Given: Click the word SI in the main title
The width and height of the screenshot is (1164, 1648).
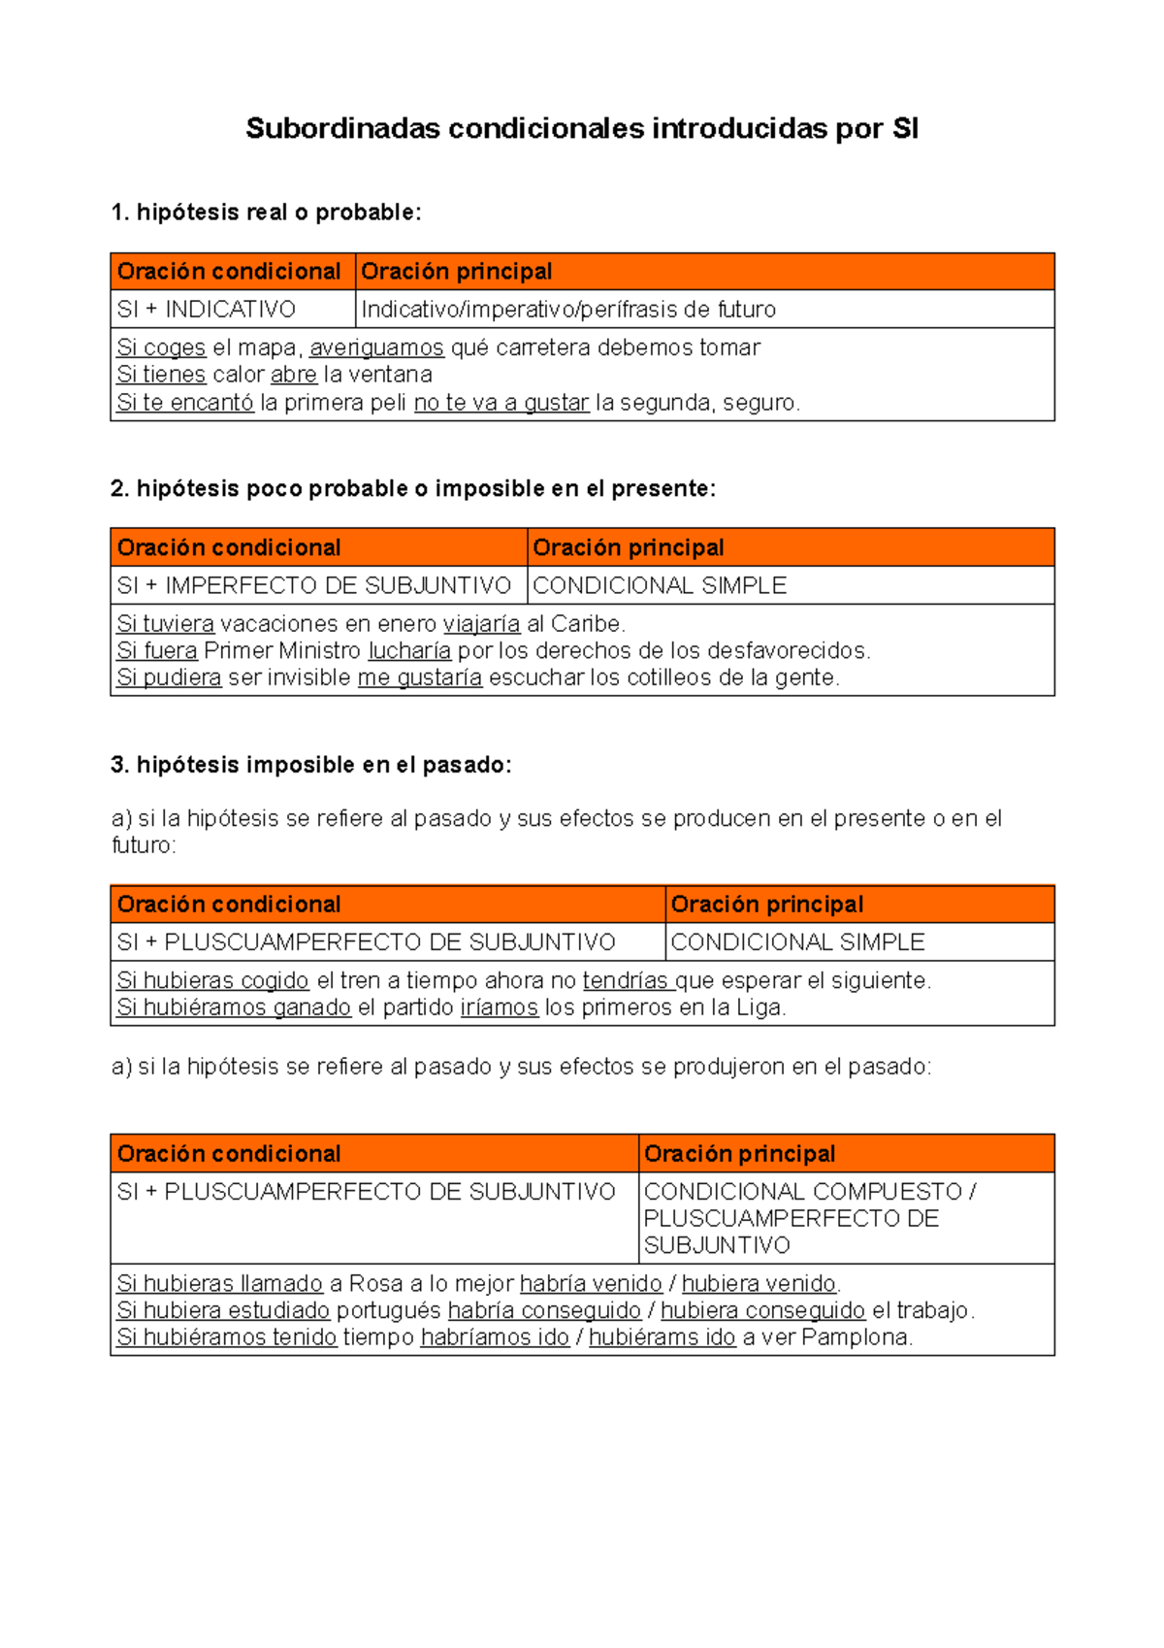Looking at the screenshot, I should tap(904, 128).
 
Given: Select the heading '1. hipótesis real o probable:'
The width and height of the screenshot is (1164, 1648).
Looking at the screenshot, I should tap(267, 213).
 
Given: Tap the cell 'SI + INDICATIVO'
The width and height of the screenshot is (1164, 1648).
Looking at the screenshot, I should tap(206, 310).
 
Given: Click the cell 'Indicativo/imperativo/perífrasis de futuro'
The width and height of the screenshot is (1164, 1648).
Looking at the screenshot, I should tap(568, 310).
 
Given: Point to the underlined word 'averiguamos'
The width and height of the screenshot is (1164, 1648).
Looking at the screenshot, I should tap(376, 347).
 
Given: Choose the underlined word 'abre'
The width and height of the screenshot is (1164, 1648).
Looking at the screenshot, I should tap(294, 375).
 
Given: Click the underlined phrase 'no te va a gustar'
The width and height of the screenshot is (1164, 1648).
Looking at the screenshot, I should tap(501, 403).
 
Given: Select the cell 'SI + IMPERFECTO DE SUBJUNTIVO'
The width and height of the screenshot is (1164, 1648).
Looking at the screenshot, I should tap(313, 585).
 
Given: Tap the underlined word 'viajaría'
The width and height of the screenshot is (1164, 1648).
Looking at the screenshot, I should tap(481, 623).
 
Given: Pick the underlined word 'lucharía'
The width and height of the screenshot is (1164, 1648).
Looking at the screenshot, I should tap(409, 650).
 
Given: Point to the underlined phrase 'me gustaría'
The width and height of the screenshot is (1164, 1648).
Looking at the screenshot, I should tap(419, 677).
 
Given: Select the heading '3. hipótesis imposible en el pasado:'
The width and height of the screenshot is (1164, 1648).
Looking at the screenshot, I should tap(311, 765).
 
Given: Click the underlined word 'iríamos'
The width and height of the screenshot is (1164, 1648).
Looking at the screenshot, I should tap(499, 1007).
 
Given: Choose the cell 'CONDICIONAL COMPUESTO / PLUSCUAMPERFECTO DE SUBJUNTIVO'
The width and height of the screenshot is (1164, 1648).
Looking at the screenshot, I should tap(809, 1218).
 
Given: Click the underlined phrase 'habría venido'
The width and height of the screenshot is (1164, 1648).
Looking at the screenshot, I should tap(591, 1283).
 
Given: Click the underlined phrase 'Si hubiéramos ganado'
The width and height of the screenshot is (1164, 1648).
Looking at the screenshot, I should tap(234, 1007).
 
